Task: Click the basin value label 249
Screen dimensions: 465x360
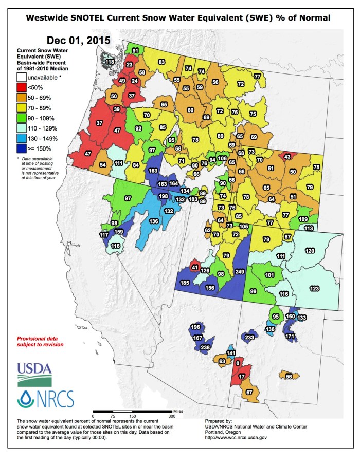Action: (x=240, y=271)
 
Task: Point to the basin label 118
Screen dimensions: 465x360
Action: (x=110, y=62)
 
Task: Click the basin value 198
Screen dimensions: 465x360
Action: (x=164, y=196)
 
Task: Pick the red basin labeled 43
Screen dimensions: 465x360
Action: (x=287, y=156)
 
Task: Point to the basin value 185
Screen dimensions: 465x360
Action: (x=185, y=282)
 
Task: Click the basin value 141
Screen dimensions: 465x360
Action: (x=231, y=353)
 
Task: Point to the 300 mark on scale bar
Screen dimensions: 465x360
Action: (x=172, y=416)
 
